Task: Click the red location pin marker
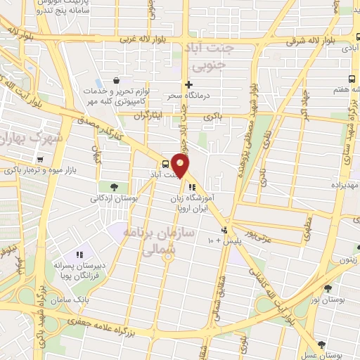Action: pyautogui.click(x=181, y=166)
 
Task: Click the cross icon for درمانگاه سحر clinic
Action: pyautogui.click(x=188, y=84)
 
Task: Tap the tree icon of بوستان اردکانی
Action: pyautogui.click(x=113, y=186)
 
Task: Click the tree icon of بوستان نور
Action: pyautogui.click(x=328, y=288)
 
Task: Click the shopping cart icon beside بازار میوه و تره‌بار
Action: pyautogui.click(x=41, y=159)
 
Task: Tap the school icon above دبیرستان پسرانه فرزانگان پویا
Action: pyautogui.click(x=79, y=253)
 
